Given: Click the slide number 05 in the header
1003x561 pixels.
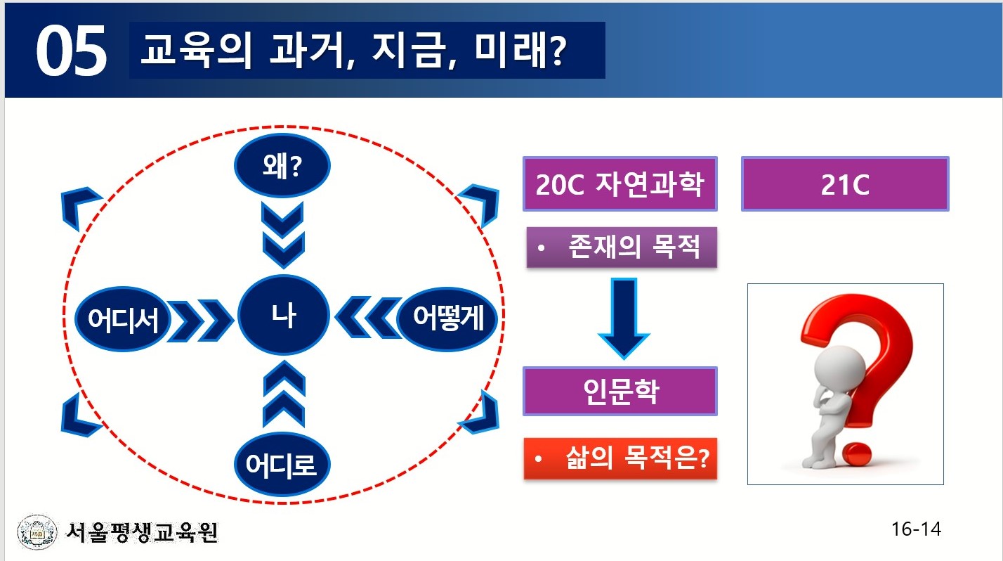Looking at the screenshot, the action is pyautogui.click(x=71, y=51).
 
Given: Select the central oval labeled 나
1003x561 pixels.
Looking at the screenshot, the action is pyautogui.click(x=284, y=315).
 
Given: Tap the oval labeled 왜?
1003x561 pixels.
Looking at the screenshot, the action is pyautogui.click(x=282, y=166).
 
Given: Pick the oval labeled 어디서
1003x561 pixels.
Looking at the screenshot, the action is pyautogui.click(x=123, y=319).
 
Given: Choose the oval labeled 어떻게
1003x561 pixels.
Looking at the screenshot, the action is pyautogui.click(x=447, y=318).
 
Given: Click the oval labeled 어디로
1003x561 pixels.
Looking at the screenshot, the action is pyautogui.click(x=282, y=464).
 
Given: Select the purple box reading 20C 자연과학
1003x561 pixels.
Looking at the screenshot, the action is pyautogui.click(x=619, y=183).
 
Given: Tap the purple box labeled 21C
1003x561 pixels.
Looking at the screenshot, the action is pyautogui.click(x=845, y=183).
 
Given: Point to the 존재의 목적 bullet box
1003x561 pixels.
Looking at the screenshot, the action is pyautogui.click(x=622, y=247).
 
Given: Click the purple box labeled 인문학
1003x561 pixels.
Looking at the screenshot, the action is pyautogui.click(x=619, y=391).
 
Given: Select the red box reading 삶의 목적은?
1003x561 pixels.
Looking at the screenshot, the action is pyautogui.click(x=620, y=458).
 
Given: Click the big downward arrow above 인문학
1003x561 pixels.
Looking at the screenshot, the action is pyautogui.click(x=624, y=318).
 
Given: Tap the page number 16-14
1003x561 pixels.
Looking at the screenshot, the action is pyautogui.click(x=916, y=529).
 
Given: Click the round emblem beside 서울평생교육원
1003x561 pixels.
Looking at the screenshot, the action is pyautogui.click(x=37, y=532).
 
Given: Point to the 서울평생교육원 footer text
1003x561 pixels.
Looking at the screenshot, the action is pyautogui.click(x=141, y=532).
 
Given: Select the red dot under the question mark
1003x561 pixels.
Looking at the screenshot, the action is pyautogui.click(x=855, y=455).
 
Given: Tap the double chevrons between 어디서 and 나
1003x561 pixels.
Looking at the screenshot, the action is pyautogui.click(x=201, y=321).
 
